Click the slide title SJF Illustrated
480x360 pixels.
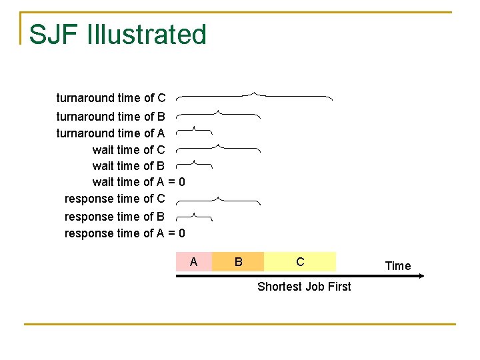pos(118,35)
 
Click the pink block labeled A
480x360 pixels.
pos(193,262)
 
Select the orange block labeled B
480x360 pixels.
pos(238,262)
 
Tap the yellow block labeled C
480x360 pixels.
pos(300,262)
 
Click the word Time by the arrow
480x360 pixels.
pos(398,266)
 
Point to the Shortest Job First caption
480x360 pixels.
pos(304,287)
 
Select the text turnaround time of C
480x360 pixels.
pos(111,98)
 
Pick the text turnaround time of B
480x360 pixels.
pos(111,117)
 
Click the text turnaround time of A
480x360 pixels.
pos(111,133)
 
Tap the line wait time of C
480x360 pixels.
pos(129,150)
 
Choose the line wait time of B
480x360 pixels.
pos(129,166)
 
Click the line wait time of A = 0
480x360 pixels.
pos(138,182)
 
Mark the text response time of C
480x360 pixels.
pos(115,199)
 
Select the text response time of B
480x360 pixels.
pos(115,217)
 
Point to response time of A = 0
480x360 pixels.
pos(125,233)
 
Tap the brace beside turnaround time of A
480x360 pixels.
pos(194,130)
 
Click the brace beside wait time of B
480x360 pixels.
pos(194,163)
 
